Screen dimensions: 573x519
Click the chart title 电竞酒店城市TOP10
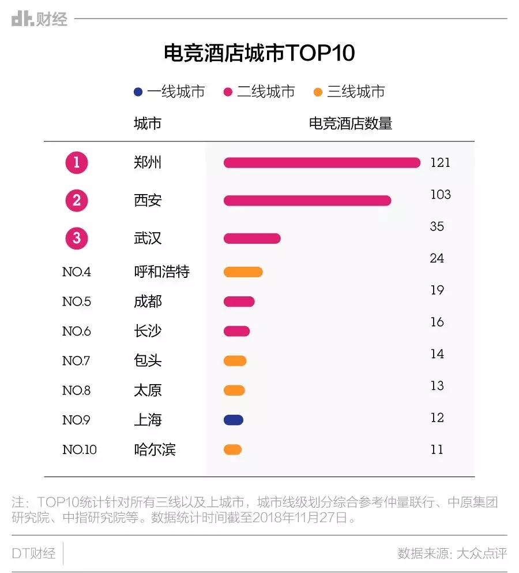259,54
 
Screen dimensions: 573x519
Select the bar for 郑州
322,163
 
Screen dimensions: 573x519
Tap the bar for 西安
307,200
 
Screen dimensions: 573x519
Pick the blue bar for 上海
234,420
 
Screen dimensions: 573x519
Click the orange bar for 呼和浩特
243,272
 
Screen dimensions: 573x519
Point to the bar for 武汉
252,238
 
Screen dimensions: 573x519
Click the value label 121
440,163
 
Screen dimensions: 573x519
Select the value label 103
441,195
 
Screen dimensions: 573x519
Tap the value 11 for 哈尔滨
437,449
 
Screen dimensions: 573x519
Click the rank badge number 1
77,163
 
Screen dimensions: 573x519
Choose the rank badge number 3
77,238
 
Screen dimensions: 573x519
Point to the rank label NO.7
76,361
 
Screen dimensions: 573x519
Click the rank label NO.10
80,449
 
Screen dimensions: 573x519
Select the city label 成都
148,302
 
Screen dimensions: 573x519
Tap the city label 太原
148,390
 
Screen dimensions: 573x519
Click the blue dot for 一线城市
137,92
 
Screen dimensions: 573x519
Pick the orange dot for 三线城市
318,92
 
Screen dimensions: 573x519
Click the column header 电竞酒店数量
351,124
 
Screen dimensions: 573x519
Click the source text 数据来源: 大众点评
452,553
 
